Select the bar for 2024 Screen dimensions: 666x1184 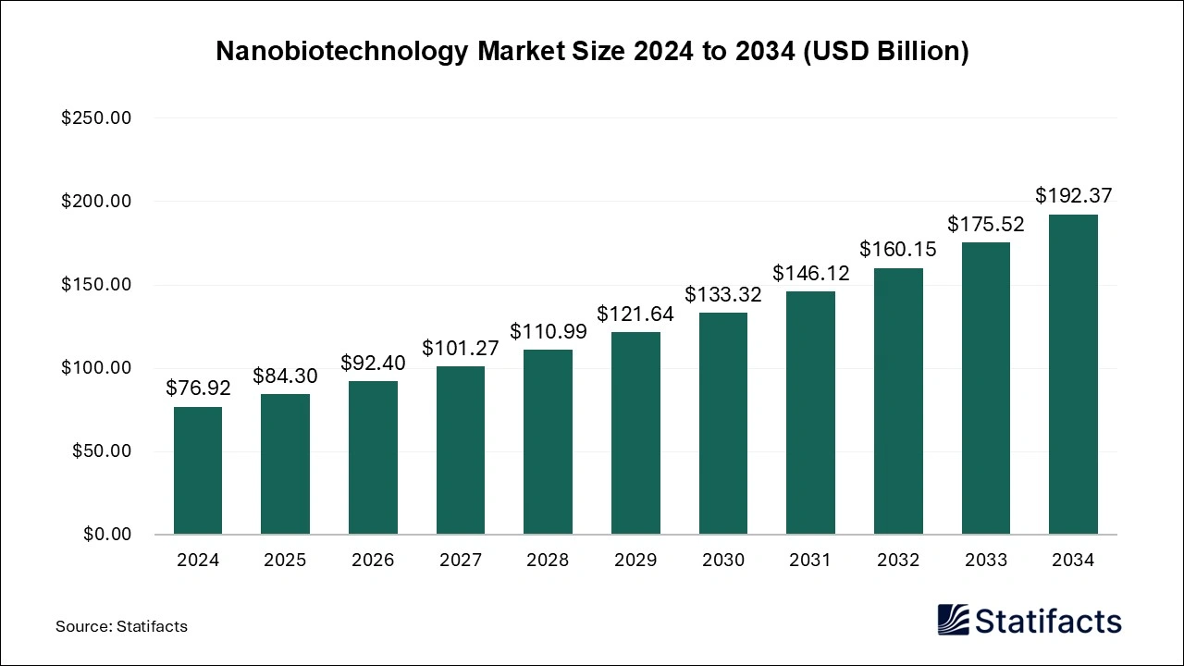[198, 471]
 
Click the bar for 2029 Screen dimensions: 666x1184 [635, 433]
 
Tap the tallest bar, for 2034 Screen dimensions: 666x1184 [1073, 375]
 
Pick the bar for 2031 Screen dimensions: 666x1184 [810, 413]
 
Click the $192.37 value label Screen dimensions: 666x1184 [1073, 196]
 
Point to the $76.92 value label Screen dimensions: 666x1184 [198, 388]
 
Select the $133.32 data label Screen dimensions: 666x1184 [722, 294]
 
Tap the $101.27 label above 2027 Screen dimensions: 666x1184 [460, 349]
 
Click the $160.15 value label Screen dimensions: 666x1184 [898, 249]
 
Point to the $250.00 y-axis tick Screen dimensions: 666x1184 [96, 118]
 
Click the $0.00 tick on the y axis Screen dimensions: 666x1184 [108, 535]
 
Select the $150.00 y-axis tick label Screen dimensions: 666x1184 [96, 285]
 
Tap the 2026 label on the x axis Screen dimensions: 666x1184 [373, 561]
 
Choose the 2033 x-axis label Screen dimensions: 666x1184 [985, 561]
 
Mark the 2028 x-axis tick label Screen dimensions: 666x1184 [548, 561]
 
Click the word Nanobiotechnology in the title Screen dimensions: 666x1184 [341, 52]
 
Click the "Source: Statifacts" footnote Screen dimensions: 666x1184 [121, 626]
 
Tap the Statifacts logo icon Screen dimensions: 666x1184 [954, 620]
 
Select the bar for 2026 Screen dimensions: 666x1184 [373, 458]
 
